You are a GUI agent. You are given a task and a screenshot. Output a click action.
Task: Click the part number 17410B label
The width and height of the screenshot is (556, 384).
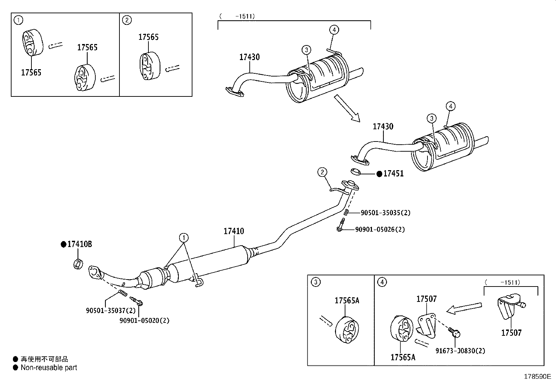[80, 244]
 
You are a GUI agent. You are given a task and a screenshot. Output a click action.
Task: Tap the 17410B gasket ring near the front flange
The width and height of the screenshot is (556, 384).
[78, 264]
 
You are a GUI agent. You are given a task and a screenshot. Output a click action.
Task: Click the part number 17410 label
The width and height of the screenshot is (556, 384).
[234, 231]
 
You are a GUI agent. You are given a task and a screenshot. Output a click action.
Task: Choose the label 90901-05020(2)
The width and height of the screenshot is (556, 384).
[144, 320]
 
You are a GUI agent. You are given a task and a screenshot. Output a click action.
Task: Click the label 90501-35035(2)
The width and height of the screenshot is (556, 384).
[386, 212]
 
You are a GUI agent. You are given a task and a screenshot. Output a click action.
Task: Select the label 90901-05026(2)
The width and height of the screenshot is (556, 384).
[380, 230]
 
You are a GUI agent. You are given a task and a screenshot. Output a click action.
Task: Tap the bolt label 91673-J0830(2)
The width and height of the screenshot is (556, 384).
[460, 351]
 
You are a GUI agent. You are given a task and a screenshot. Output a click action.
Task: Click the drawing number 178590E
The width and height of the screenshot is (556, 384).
[537, 377]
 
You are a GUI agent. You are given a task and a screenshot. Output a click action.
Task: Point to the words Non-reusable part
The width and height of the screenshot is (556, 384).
[49, 368]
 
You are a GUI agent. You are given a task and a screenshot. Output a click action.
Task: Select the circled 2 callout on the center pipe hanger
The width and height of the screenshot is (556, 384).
[322, 172]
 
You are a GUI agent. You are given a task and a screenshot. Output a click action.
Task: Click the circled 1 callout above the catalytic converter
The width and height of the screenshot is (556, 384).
[183, 238]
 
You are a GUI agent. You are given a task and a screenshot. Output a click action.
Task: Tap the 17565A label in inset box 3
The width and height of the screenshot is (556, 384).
[347, 300]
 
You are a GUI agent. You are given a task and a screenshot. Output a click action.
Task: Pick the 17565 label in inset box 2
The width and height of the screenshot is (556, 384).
[148, 37]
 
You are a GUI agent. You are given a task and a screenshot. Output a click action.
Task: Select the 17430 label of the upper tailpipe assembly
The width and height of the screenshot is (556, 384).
[249, 57]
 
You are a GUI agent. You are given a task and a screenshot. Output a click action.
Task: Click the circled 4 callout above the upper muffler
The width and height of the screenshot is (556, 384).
[334, 30]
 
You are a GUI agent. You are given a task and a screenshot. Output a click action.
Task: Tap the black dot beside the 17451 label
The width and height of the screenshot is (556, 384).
[379, 174]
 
